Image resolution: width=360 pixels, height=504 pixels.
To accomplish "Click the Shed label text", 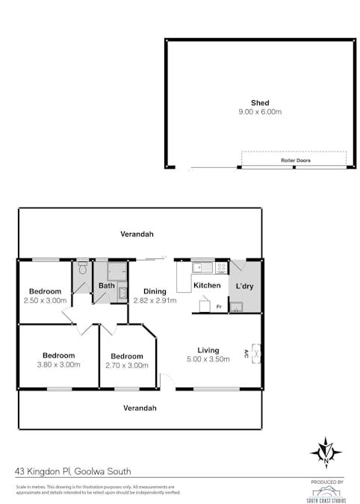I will point(259,103).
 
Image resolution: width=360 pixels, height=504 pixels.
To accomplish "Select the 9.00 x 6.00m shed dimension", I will point(259,112).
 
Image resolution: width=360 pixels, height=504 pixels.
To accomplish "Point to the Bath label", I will point(106,285).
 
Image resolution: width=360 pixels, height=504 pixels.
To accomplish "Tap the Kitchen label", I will point(206,285).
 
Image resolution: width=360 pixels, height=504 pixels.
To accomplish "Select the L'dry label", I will point(246,286).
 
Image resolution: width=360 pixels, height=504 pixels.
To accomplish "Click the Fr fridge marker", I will point(219,307).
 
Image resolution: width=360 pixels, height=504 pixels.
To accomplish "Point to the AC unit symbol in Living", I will point(256,351).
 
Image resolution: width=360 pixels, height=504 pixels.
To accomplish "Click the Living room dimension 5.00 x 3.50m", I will point(208,359).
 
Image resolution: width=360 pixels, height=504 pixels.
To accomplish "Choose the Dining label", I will point(155,291).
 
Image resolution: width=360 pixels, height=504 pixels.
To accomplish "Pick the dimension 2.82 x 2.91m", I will point(155,300).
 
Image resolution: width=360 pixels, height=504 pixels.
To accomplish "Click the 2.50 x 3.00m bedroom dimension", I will point(45,300).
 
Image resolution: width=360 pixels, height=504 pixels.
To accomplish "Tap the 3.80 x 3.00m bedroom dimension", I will point(58,364).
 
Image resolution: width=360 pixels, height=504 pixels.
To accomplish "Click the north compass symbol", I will point(326,452).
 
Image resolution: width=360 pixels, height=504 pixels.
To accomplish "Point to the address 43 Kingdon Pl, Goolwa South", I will point(73,471).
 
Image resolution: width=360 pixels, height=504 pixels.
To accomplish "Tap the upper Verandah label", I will point(137,234).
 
